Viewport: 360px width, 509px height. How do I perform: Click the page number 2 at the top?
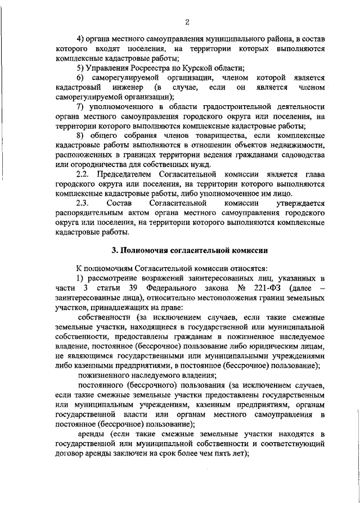187,22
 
